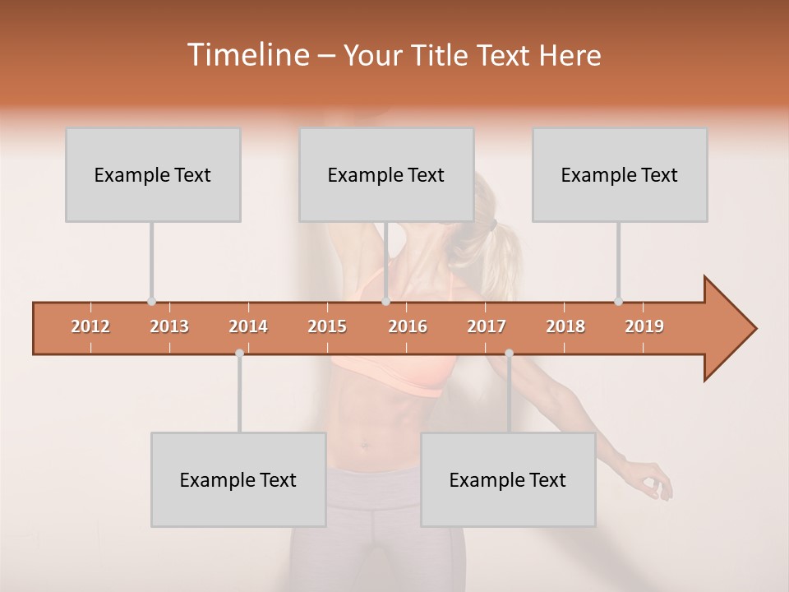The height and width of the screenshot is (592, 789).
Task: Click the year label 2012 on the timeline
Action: click(90, 326)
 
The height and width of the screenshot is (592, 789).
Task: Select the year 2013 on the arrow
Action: click(169, 326)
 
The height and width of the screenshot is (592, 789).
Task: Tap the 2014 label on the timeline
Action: click(248, 326)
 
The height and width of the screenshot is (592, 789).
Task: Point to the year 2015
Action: click(327, 326)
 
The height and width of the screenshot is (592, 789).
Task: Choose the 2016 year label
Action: click(408, 326)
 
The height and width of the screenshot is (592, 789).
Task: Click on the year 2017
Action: click(487, 326)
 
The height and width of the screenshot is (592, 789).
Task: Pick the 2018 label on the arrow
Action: click(565, 326)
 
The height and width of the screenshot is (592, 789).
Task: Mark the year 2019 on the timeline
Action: click(644, 326)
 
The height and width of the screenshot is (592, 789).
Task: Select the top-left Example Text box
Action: click(153, 175)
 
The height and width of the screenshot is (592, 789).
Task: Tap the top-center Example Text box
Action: click(386, 175)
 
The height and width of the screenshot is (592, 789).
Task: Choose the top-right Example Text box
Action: click(620, 175)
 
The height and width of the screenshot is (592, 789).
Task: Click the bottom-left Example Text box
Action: click(238, 479)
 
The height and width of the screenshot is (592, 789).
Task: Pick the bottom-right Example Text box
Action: click(508, 479)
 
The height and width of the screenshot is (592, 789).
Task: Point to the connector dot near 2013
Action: click(151, 301)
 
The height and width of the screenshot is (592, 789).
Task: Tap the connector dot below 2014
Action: click(239, 353)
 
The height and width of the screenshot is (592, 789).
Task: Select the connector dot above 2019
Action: click(618, 301)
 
